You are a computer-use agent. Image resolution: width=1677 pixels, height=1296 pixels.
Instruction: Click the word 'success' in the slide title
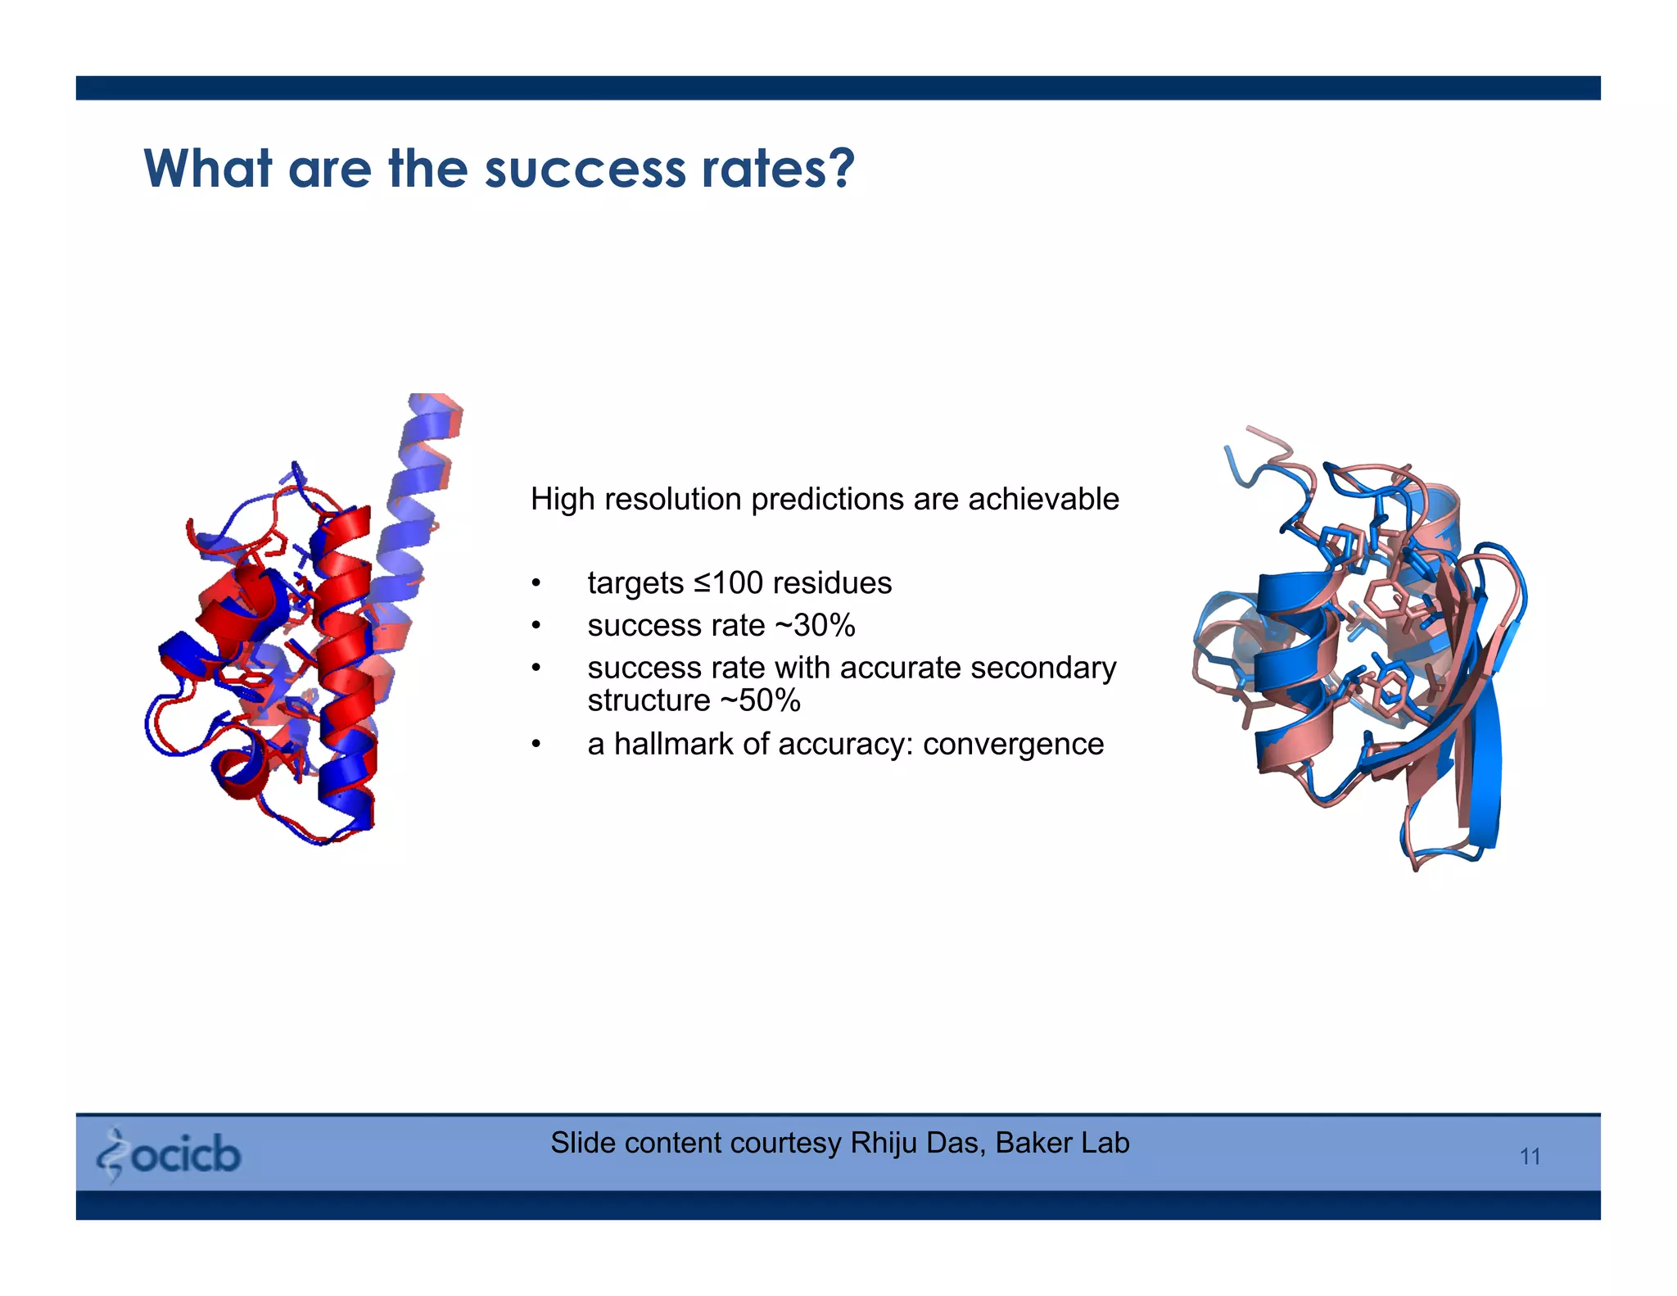click(585, 170)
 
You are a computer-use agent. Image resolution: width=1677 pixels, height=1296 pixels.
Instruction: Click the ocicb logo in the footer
click(169, 1154)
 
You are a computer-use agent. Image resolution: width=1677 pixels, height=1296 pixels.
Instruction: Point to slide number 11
click(1530, 1157)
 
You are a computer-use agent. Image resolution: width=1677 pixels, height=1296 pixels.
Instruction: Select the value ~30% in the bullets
click(814, 626)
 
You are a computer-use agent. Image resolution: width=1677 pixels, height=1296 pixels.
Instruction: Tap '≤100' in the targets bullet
click(728, 583)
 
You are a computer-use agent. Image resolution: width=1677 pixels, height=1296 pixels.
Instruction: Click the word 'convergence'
click(1013, 745)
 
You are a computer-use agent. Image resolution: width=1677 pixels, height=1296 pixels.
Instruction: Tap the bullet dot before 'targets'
click(536, 584)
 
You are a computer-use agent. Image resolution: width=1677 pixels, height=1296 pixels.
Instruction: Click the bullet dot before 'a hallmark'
click(536, 745)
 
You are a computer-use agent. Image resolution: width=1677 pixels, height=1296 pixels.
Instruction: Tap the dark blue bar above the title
click(838, 88)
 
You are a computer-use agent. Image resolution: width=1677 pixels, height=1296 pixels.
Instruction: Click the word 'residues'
click(832, 583)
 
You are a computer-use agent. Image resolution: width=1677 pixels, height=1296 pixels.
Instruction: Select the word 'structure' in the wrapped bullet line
click(649, 701)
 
